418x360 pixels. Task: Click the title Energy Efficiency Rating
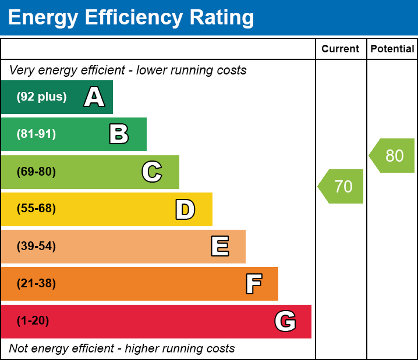point(131,17)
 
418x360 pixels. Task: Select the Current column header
point(341,49)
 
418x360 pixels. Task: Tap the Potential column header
point(392,49)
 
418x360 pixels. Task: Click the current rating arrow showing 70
point(342,187)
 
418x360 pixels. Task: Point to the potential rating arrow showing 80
point(393,156)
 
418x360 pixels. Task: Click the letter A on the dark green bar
point(94,97)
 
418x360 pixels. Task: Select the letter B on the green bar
point(119,134)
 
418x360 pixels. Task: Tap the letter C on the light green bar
point(152,172)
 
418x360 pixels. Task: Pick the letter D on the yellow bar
point(185,209)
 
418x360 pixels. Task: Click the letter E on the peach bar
point(219,247)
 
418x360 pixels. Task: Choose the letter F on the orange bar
point(253,284)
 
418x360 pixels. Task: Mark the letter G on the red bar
point(285,321)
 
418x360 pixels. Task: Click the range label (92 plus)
point(41,97)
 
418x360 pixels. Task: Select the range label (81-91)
point(36,134)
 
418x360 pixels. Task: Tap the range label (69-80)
point(36,172)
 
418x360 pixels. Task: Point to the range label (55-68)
point(36,209)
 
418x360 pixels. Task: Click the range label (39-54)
point(36,247)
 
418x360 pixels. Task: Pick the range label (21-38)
point(36,284)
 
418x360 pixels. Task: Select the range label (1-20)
point(33,321)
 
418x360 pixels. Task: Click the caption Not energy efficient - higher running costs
point(122,349)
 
